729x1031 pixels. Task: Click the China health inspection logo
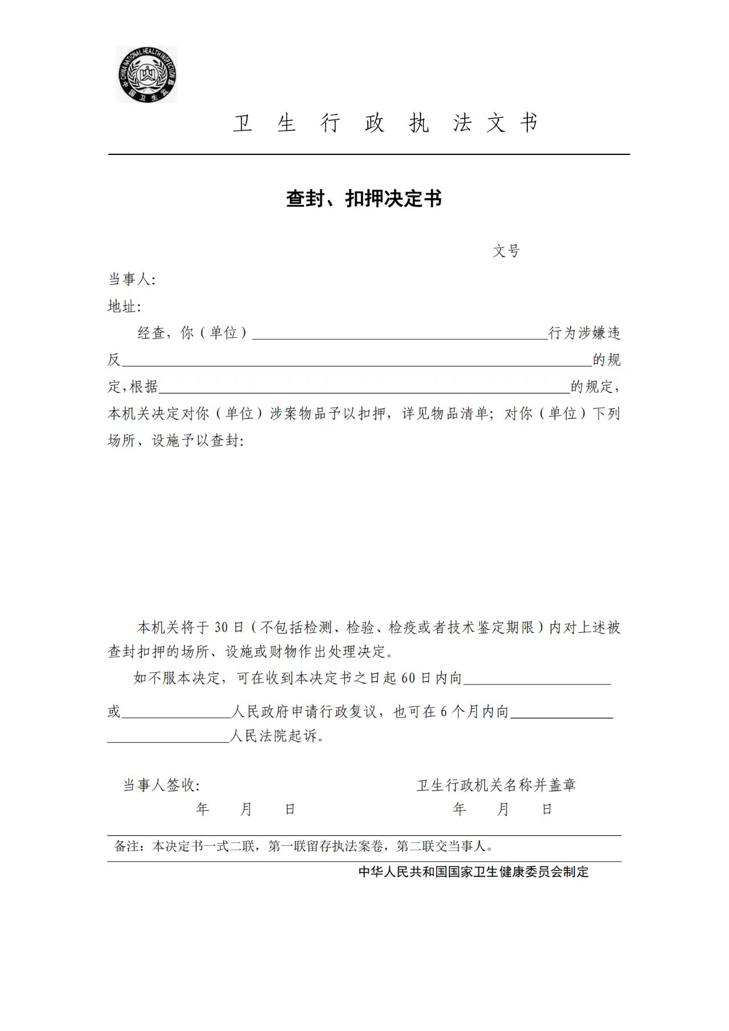click(147, 75)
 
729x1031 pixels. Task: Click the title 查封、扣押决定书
click(364, 198)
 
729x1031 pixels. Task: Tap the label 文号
click(506, 251)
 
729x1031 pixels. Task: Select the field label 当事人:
click(132, 280)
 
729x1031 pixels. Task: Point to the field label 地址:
click(124, 306)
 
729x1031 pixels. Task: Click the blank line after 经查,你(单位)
click(399, 334)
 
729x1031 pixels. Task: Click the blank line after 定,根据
click(364, 388)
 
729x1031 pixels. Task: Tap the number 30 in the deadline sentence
click(221, 628)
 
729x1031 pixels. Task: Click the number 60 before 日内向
click(408, 678)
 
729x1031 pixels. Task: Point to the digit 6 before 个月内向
click(444, 711)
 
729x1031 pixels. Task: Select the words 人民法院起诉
click(277, 736)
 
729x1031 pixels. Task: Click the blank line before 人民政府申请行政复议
click(176, 713)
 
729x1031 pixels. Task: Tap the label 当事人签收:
click(161, 785)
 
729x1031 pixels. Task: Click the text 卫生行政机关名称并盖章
click(496, 785)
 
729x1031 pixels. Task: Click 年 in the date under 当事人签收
click(202, 809)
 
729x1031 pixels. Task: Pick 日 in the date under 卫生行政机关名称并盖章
click(547, 809)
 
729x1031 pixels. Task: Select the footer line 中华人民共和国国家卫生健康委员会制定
click(473, 872)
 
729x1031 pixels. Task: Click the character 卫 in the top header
click(242, 123)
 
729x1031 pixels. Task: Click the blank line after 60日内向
click(537, 680)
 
